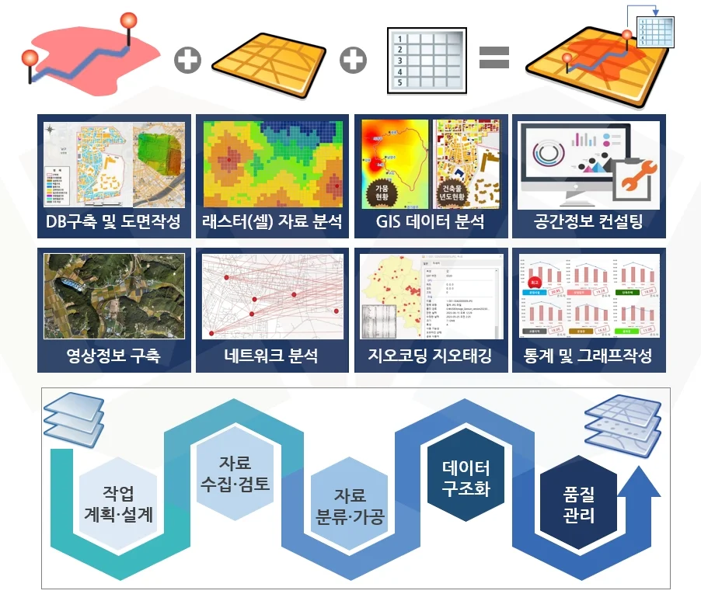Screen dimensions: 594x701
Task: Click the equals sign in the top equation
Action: pos(493,57)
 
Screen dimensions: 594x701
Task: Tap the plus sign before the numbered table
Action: pos(354,60)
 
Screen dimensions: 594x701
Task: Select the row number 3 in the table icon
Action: pos(399,60)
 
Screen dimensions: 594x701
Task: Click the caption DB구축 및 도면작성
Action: pos(113,222)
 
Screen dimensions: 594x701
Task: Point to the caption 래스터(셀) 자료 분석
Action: pos(272,222)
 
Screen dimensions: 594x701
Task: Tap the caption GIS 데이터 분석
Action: pos(431,222)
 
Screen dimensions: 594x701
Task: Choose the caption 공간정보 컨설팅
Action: pos(588,222)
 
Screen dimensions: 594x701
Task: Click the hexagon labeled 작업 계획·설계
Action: pos(117,503)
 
